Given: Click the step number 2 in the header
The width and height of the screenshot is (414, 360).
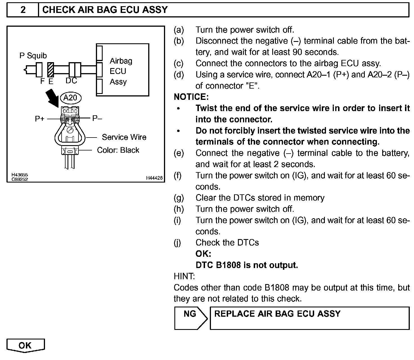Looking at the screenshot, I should (23, 10).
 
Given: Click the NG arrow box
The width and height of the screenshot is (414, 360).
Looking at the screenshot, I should (190, 318).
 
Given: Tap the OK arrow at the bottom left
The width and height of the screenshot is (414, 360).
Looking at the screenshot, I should (25, 345).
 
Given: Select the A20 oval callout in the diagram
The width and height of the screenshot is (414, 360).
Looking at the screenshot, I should (70, 98).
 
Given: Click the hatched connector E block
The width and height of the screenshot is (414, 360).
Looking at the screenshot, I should (51, 70).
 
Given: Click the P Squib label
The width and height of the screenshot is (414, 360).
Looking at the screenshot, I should (33, 56).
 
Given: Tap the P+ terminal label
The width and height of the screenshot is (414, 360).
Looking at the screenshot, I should (40, 119).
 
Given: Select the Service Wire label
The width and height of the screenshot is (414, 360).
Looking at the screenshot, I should (124, 137).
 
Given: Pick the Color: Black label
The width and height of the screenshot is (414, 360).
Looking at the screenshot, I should (118, 150).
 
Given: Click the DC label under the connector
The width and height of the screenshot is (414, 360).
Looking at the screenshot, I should (71, 81).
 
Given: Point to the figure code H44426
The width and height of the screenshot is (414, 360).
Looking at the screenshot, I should (154, 178).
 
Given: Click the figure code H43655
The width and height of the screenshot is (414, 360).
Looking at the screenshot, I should (20, 175).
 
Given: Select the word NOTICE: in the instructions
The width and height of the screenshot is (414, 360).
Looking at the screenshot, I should (191, 97).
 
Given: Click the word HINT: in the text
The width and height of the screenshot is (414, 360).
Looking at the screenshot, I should (184, 276).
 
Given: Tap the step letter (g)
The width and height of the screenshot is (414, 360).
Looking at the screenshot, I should (179, 198).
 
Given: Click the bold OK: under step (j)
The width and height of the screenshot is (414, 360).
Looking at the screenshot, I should (203, 254).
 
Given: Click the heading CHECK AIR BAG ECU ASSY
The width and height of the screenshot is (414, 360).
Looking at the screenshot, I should (105, 10).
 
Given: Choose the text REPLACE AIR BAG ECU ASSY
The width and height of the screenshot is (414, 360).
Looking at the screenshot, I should (277, 314).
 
